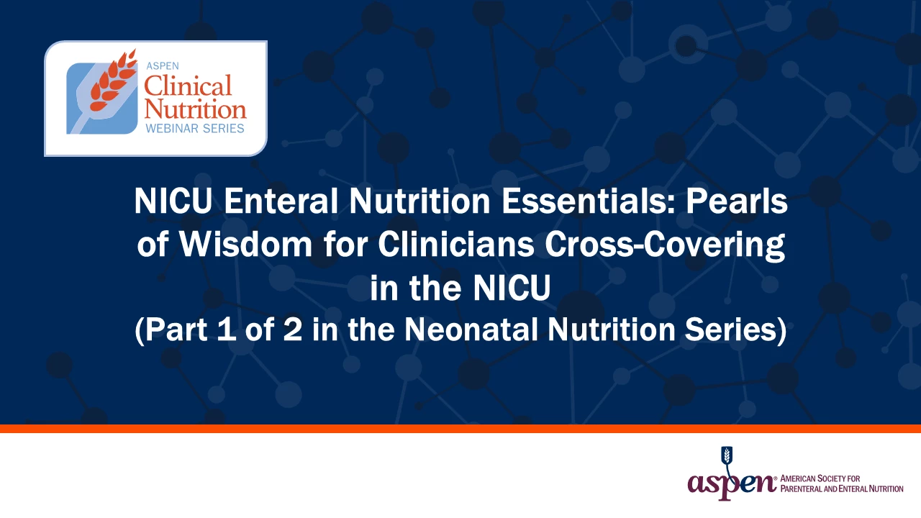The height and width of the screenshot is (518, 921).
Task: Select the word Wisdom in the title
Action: tap(246, 244)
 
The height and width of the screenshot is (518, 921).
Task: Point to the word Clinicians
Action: tap(456, 244)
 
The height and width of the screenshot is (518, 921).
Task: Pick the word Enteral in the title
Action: tap(281, 201)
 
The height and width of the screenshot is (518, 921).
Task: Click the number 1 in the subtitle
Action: tap(227, 330)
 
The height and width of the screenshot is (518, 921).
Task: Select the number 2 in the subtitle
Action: tap(292, 330)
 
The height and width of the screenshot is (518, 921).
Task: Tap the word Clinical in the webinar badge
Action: tap(188, 86)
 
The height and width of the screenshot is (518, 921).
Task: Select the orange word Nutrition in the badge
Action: tap(195, 109)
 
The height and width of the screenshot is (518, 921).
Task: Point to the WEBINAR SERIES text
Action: tap(195, 128)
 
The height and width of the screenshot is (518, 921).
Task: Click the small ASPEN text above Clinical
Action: tap(163, 65)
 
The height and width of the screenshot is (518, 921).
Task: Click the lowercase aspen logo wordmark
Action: tap(732, 484)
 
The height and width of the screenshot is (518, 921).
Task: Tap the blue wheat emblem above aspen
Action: tap(727, 457)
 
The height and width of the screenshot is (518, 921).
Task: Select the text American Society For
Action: tap(820, 478)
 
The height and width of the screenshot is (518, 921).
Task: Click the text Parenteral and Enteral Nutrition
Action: tap(842, 489)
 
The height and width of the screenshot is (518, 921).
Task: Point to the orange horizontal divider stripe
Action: tap(460, 428)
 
